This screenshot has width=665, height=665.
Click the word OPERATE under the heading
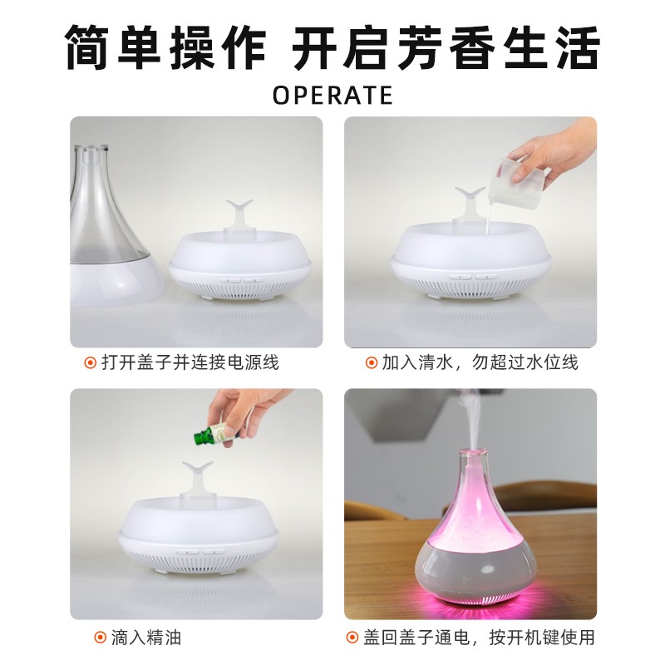coord(332,96)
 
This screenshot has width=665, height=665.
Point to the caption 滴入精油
coord(146,638)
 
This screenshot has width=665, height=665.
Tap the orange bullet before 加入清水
coord(371,362)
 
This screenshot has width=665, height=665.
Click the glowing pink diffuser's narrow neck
coord(469,465)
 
